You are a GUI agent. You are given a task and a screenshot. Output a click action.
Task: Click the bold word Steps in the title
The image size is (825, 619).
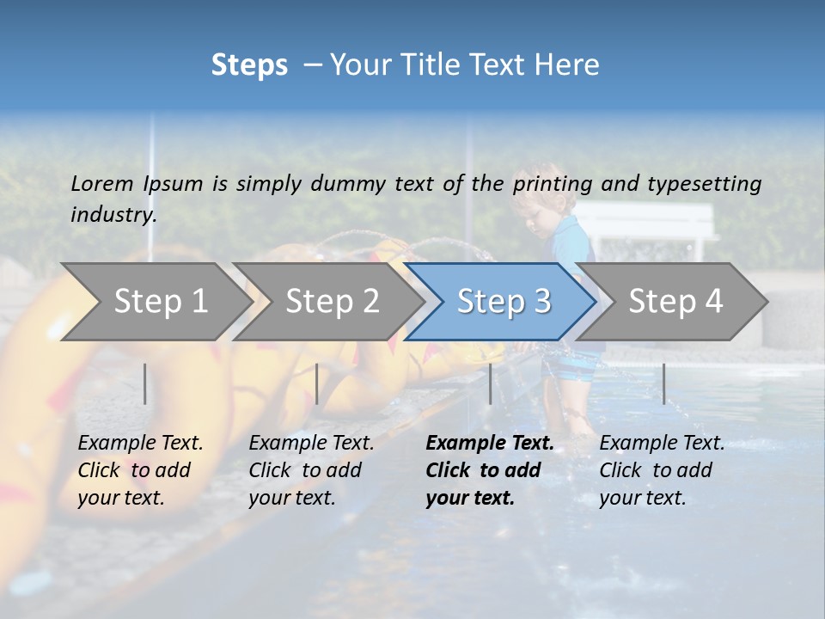[x=249, y=65]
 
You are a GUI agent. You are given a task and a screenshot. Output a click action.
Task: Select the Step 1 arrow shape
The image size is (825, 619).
[x=155, y=301]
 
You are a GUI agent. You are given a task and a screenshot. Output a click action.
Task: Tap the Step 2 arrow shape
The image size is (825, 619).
[x=331, y=301]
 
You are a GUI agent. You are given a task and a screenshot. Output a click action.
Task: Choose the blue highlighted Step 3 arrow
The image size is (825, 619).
[x=503, y=301]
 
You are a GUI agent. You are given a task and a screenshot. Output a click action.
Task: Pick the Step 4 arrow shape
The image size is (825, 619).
[x=675, y=301]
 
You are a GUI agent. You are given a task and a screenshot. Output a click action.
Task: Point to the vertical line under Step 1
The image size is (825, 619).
[x=145, y=383]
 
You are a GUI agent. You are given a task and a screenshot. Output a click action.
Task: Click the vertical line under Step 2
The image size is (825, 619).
[x=317, y=383]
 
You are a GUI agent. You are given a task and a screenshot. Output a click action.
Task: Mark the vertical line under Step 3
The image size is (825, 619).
[x=490, y=383]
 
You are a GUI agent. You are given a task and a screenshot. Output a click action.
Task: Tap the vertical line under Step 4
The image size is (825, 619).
[x=663, y=383]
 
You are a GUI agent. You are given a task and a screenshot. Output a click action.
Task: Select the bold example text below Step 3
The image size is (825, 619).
[x=488, y=470]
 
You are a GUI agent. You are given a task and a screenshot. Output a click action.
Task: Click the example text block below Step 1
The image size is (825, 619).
[x=139, y=470]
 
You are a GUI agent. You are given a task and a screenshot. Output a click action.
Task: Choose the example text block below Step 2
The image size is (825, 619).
[x=310, y=470]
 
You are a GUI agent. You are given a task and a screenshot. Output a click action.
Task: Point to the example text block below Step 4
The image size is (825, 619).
[x=661, y=470]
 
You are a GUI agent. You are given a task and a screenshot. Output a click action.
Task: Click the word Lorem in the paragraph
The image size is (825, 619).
[x=102, y=183]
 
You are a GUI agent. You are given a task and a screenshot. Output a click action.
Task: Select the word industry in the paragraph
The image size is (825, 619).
[x=113, y=214]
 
